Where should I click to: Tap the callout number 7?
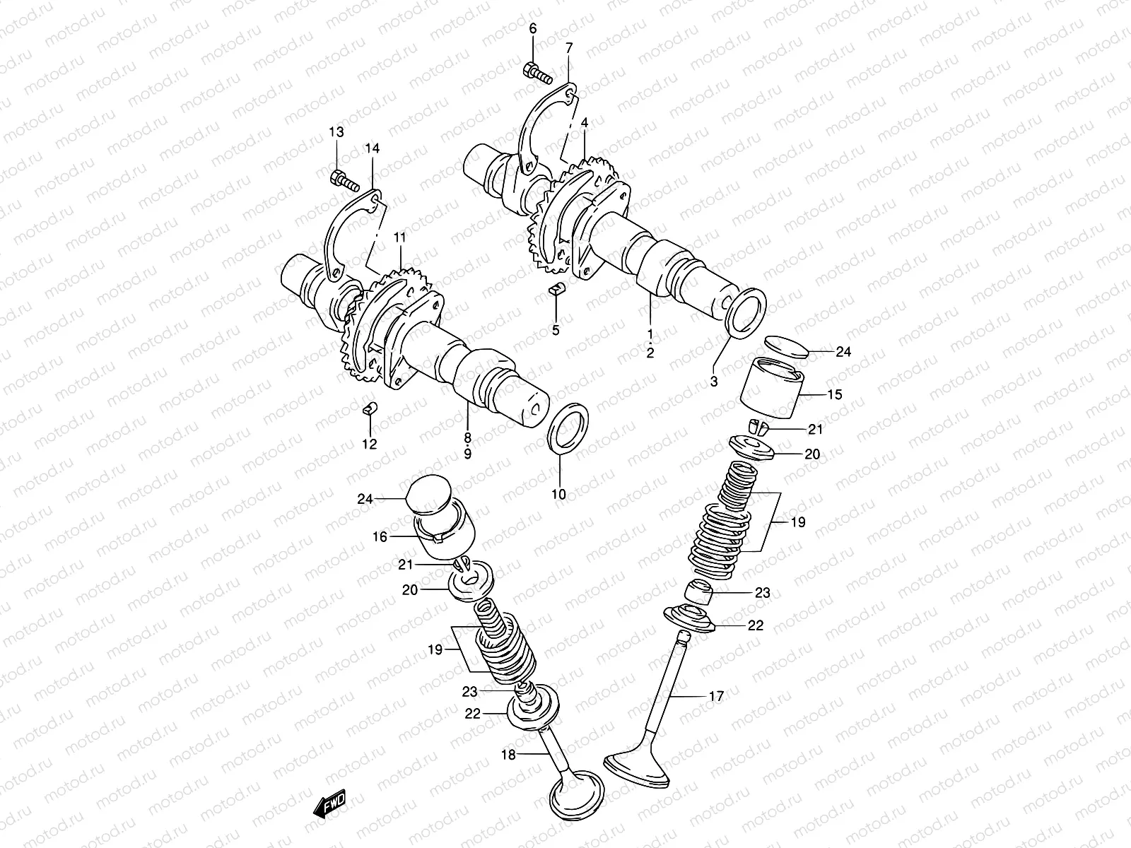(x=569, y=47)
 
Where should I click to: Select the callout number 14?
(x=372, y=148)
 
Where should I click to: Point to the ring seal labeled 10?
(x=567, y=431)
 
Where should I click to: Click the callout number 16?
(x=380, y=537)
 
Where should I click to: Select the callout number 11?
(x=400, y=238)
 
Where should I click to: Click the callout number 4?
(x=584, y=122)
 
